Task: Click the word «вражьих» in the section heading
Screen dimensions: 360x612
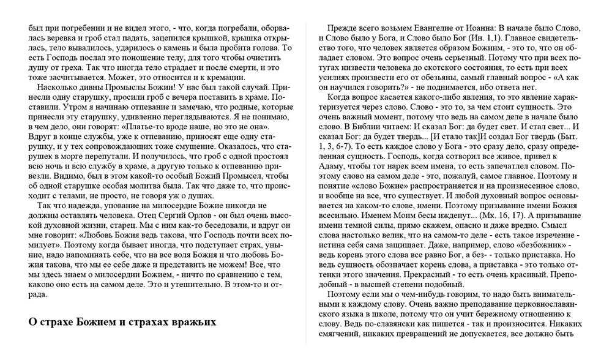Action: click(x=190, y=321)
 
